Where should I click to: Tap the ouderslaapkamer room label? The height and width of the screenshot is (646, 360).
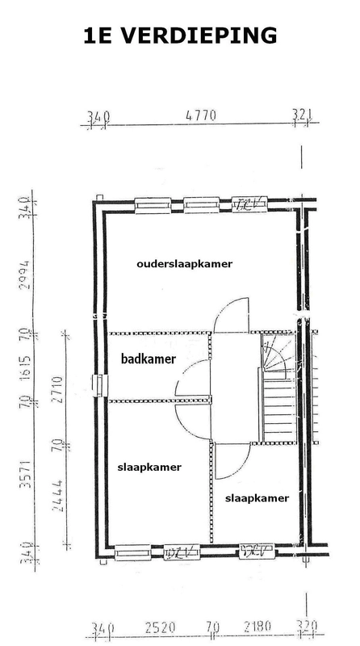click(x=185, y=263)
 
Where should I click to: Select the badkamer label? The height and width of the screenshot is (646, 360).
click(x=148, y=359)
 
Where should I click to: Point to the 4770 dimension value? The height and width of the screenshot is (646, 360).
click(x=200, y=116)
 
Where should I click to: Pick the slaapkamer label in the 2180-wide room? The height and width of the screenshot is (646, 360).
click(x=257, y=498)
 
